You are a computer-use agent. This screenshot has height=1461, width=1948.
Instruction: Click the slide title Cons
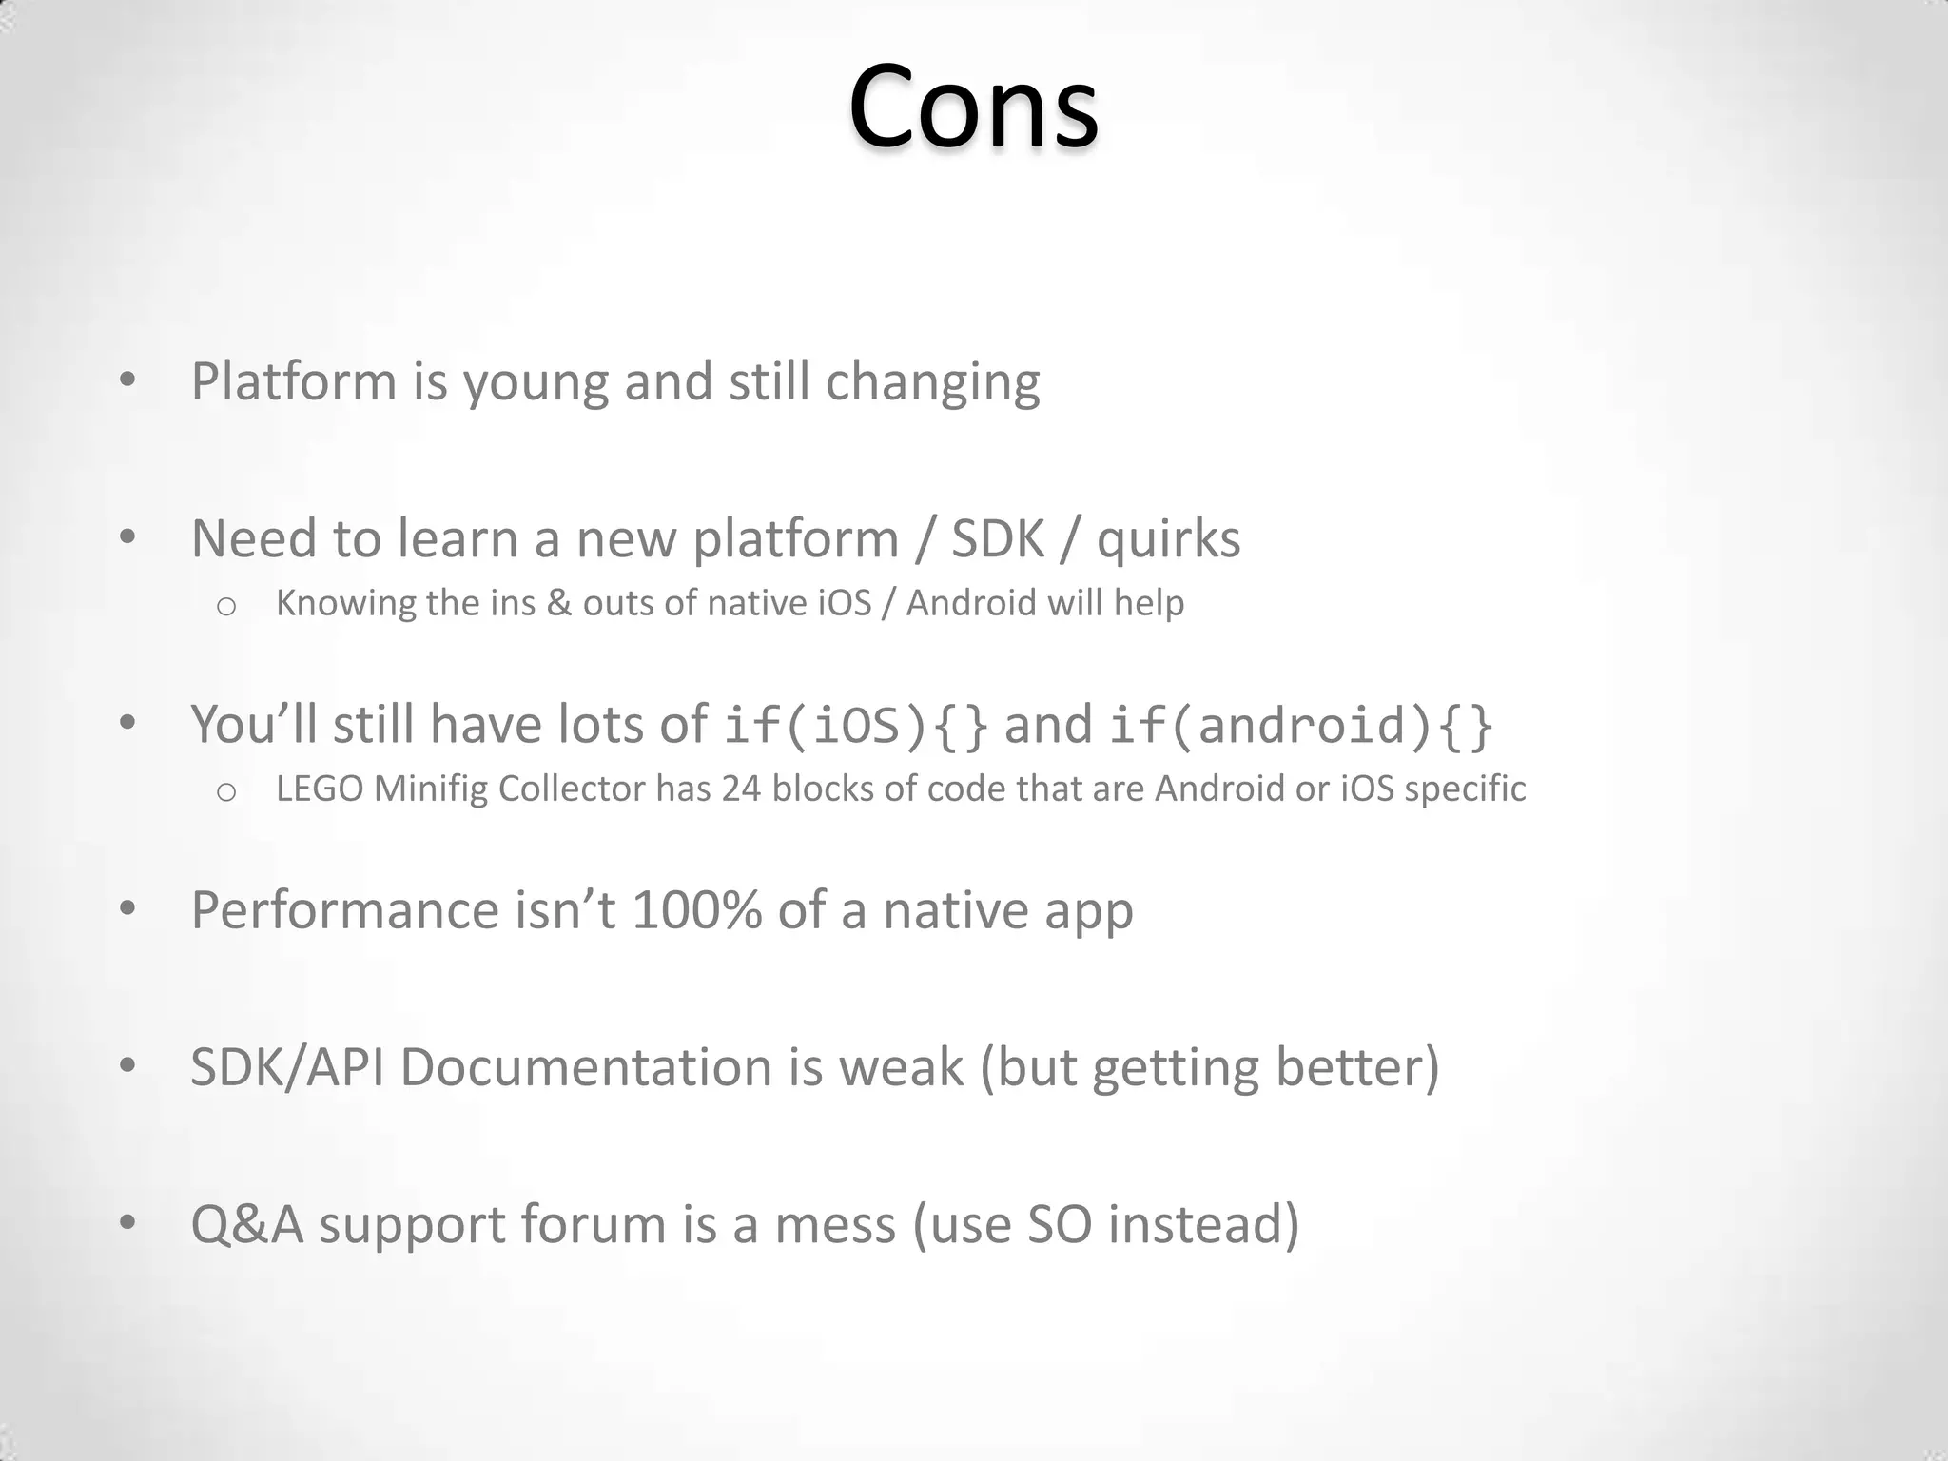click(973, 107)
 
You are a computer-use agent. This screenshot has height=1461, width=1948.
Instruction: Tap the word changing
click(932, 382)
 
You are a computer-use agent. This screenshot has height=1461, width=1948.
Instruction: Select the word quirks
click(1168, 539)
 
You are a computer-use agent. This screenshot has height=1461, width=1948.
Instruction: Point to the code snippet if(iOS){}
click(856, 725)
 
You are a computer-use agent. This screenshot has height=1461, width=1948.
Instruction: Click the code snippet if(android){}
click(1300, 725)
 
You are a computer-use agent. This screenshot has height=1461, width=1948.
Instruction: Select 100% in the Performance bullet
click(696, 910)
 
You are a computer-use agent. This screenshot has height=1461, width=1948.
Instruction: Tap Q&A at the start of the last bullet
click(246, 1224)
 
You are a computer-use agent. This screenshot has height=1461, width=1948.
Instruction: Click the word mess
click(834, 1224)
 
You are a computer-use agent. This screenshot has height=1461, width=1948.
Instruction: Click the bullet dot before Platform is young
click(127, 380)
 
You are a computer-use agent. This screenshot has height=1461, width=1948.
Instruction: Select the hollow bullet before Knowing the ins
click(225, 606)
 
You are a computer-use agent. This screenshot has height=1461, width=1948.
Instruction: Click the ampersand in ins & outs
click(558, 603)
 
